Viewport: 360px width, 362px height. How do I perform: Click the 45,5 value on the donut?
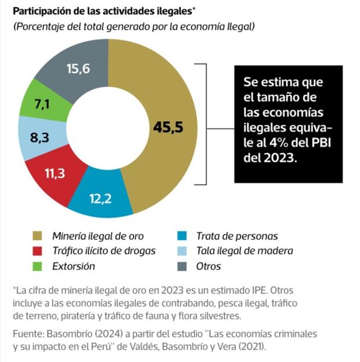(168, 126)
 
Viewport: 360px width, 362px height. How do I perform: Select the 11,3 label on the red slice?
(55, 174)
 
